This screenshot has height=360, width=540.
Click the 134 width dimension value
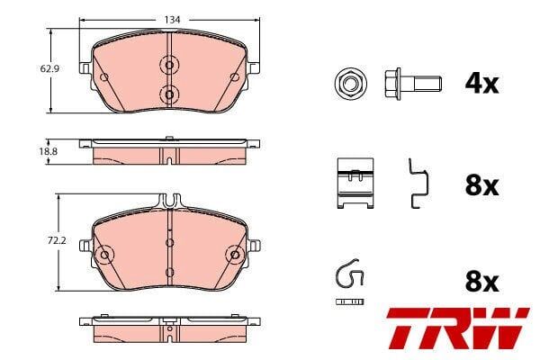pyautogui.click(x=172, y=20)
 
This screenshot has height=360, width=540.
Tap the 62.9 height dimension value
pyautogui.click(x=49, y=69)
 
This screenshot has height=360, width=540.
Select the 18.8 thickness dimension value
pyautogui.click(x=49, y=151)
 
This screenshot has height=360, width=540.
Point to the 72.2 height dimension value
pyautogui.click(x=57, y=240)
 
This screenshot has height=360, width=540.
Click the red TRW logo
pyautogui.click(x=458, y=328)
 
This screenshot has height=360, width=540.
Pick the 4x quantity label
pyautogui.click(x=481, y=84)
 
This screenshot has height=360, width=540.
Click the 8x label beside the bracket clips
pyautogui.click(x=481, y=186)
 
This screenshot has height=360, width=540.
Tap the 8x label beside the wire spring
pyautogui.click(x=481, y=282)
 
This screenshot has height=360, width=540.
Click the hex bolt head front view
pyautogui.click(x=351, y=84)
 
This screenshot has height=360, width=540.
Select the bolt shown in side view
pyautogui.click(x=412, y=84)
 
